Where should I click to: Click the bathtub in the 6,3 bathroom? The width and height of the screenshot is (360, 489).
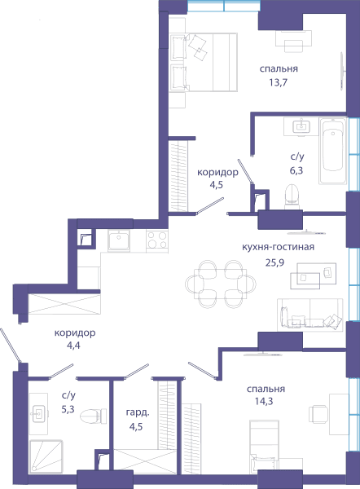[x=332, y=151]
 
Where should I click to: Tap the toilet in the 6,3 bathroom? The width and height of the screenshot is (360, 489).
[x=292, y=196]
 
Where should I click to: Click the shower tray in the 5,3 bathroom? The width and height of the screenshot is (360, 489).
[x=46, y=457]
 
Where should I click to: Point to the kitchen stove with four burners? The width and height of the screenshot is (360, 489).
[x=157, y=240]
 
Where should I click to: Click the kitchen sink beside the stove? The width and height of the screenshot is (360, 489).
[x=119, y=240]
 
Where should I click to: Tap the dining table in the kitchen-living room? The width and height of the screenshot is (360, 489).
[x=220, y=284]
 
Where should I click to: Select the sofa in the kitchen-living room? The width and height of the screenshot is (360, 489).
[x=310, y=315]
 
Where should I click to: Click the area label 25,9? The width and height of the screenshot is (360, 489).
[x=274, y=262]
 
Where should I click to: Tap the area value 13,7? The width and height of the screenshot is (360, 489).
[x=278, y=82]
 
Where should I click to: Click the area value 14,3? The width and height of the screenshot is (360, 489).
[x=264, y=401]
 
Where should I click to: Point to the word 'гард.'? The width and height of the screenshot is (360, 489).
[x=138, y=413]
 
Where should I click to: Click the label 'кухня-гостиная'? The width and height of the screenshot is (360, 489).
[x=278, y=247]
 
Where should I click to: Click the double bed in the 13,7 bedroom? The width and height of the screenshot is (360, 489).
[x=204, y=62]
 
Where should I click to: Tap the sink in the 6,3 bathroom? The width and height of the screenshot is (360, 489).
[x=301, y=126]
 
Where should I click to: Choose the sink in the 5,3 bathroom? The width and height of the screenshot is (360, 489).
[x=39, y=414]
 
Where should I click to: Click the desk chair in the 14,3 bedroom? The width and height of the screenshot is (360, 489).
[x=318, y=414]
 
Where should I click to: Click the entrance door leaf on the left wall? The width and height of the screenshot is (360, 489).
[x=11, y=346]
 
